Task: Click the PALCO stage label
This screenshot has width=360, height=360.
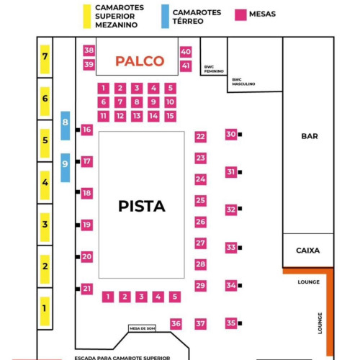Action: (x=140, y=61)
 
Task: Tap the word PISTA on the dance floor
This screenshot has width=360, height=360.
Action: (x=142, y=206)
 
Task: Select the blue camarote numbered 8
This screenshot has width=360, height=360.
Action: (x=66, y=125)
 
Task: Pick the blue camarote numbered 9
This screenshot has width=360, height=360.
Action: (x=66, y=168)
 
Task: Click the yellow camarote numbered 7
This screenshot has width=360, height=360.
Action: (x=45, y=59)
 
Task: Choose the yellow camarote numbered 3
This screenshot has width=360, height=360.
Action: (x=45, y=228)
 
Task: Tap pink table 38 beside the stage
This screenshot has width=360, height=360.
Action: (x=89, y=50)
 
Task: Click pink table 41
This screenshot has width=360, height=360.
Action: (x=186, y=66)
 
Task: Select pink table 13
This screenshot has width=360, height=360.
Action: (x=137, y=116)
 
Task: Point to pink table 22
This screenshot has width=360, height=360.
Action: (x=200, y=137)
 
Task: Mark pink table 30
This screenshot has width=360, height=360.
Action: (x=231, y=135)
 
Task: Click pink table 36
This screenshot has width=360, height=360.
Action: (x=176, y=324)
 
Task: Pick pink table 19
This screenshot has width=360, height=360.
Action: (x=87, y=225)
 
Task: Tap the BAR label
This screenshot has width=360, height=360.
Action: (x=310, y=136)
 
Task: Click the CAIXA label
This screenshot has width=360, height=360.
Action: (x=308, y=251)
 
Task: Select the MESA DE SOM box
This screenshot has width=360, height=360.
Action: (x=143, y=328)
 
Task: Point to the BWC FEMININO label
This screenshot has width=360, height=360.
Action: (x=214, y=69)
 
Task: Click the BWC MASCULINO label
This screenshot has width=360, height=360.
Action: (x=243, y=82)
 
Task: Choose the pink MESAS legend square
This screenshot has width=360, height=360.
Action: (x=240, y=15)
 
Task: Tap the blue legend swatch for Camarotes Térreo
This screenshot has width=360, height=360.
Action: (x=165, y=17)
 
